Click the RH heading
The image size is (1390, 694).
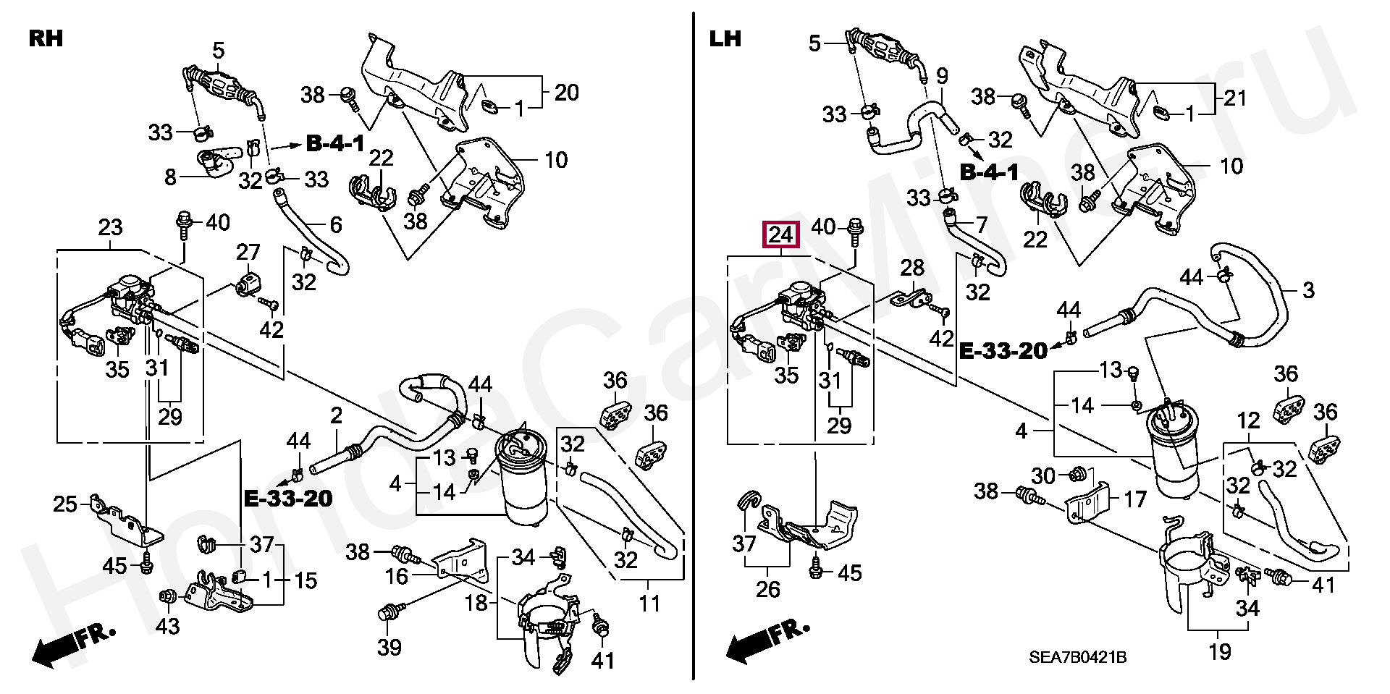(x=46, y=38)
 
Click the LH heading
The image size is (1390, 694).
(x=725, y=38)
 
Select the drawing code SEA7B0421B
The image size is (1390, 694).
(x=1077, y=657)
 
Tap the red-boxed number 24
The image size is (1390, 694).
(x=781, y=234)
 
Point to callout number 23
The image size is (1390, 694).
(x=110, y=227)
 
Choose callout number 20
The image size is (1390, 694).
(x=567, y=92)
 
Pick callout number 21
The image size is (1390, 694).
(x=1234, y=98)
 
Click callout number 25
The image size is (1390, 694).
(x=65, y=504)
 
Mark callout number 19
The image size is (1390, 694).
(x=1220, y=651)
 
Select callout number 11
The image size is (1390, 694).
(x=649, y=603)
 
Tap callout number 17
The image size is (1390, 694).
(x=1134, y=499)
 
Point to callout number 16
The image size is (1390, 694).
(x=397, y=576)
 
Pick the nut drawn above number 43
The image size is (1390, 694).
(x=167, y=596)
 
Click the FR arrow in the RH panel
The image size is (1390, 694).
(x=72, y=643)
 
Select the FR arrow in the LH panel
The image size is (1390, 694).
(x=767, y=640)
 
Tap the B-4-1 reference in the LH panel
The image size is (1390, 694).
(x=989, y=172)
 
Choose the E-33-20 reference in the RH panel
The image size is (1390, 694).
(x=288, y=498)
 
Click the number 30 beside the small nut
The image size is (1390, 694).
(x=1043, y=475)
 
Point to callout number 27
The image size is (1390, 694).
(x=248, y=252)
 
